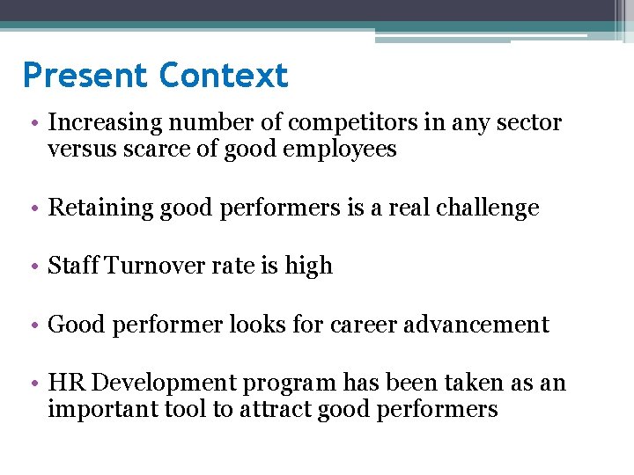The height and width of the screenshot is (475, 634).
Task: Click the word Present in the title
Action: pyautogui.click(x=86, y=76)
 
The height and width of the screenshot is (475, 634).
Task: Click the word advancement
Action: pyautogui.click(x=476, y=325)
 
